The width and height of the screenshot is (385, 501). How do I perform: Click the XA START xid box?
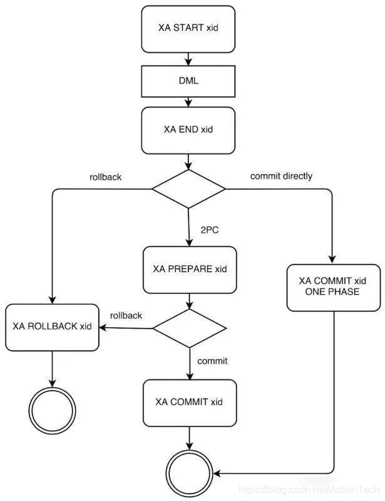click(x=188, y=29)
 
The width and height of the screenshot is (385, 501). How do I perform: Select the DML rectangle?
click(x=188, y=82)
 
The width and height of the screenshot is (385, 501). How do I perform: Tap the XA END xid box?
click(x=188, y=130)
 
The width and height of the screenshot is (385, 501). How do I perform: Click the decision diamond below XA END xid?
click(x=188, y=189)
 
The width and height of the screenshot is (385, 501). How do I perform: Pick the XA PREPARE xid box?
click(x=190, y=270)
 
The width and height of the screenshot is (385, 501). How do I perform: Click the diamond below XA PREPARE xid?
click(x=189, y=328)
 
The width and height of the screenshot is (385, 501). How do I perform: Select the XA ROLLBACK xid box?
click(x=52, y=327)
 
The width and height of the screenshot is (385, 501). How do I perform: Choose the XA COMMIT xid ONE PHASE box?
click(x=334, y=287)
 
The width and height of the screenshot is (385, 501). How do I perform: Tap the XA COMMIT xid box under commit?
click(x=189, y=401)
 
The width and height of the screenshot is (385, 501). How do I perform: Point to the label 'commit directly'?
click(x=281, y=176)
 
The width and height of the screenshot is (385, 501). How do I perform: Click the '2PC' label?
click(x=209, y=230)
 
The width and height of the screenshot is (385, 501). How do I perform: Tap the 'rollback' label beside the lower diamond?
click(x=126, y=315)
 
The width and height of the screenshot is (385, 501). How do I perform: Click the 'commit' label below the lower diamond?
click(x=212, y=361)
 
